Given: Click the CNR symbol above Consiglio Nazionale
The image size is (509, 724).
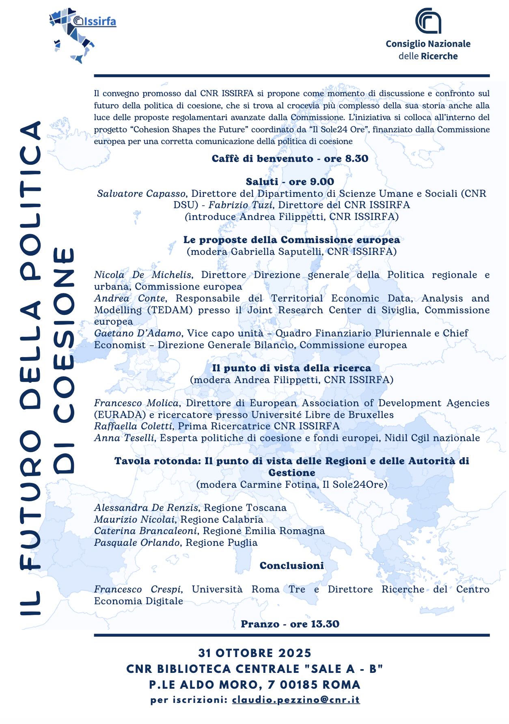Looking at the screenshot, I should click(x=428, y=21).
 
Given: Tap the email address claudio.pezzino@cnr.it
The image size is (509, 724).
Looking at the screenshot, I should click(x=296, y=700).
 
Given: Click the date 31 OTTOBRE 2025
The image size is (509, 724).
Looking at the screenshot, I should click(x=254, y=653).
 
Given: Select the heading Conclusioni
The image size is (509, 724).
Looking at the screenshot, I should click(x=291, y=566).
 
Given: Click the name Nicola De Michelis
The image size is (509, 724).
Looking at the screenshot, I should click(x=142, y=275).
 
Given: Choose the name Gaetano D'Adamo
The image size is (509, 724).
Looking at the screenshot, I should click(x=138, y=333).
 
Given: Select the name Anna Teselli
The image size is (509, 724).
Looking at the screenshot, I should click(x=124, y=438).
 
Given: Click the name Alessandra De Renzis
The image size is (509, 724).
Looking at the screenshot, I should click(x=146, y=508).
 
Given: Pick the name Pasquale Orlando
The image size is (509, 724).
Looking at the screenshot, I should click(x=137, y=543).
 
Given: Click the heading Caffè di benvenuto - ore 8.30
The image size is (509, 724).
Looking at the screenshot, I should click(x=290, y=159).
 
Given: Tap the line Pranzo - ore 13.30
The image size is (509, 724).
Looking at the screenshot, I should click(x=290, y=624).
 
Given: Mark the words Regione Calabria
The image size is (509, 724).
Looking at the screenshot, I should click(x=222, y=519).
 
